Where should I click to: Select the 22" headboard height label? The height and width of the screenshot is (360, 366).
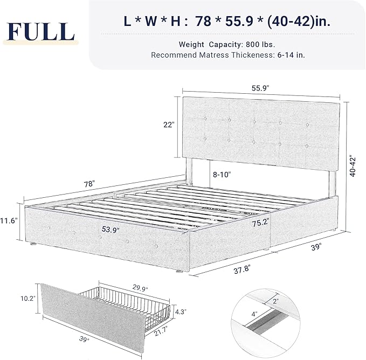coord(169,124)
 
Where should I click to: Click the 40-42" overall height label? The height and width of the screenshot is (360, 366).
coord(353,167)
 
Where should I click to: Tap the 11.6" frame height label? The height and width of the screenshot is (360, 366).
coord(9,220)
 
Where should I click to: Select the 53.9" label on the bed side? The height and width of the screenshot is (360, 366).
coord(110,229)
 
